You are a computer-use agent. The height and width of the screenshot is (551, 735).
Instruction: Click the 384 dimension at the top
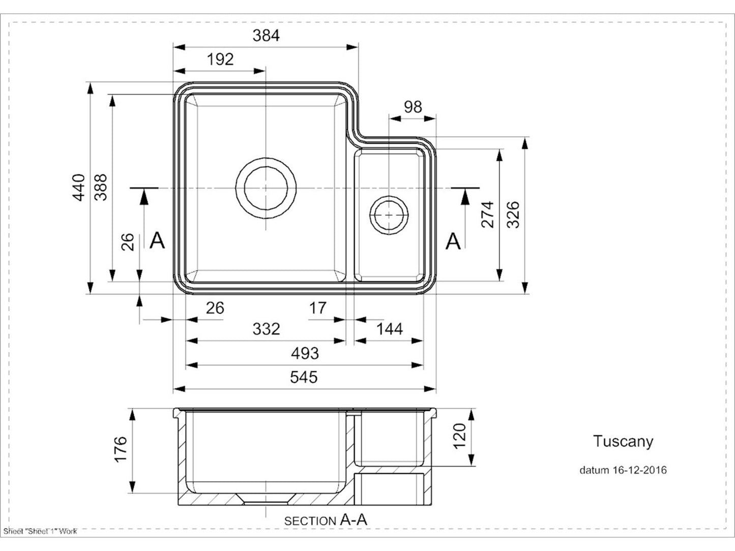[266, 36]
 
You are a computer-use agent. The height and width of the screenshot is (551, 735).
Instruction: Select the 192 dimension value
[220, 59]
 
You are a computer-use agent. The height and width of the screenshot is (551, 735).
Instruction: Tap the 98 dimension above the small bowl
[413, 107]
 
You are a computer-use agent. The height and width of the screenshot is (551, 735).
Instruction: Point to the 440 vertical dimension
[79, 188]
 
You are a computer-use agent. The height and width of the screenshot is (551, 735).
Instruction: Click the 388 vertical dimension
[101, 187]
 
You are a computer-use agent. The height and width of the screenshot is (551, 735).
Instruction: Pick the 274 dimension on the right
[487, 214]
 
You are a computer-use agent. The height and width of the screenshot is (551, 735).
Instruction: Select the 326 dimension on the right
[513, 214]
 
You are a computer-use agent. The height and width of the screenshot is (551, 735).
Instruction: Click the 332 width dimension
[266, 329]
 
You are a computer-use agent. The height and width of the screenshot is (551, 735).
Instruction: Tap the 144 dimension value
[389, 329]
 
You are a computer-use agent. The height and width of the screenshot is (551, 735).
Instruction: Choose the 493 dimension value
[304, 353]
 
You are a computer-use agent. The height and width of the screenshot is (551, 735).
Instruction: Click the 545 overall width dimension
[304, 377]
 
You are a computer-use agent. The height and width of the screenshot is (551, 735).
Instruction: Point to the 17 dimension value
[317, 308]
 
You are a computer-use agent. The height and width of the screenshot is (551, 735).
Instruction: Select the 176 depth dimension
[121, 449]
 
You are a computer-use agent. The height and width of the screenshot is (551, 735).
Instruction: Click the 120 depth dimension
[459, 436]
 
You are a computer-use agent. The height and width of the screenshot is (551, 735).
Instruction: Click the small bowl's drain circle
[389, 215]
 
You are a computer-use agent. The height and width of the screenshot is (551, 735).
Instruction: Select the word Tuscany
[623, 441]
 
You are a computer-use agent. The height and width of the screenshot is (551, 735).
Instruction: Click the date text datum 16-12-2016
[623, 470]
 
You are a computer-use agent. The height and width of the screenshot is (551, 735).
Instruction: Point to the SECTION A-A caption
[325, 521]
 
